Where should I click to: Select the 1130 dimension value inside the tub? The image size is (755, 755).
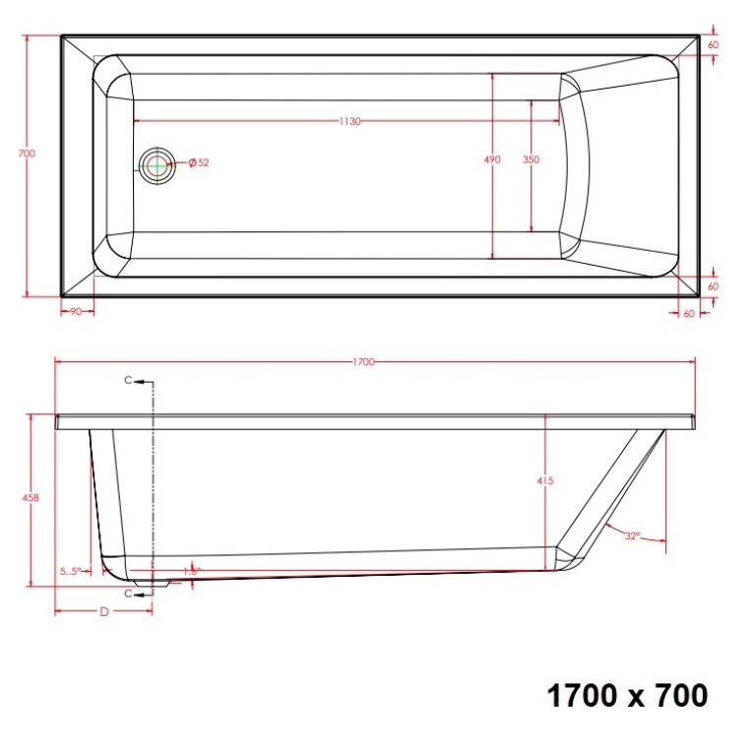[350, 121]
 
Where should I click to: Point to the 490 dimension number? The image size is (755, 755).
[493, 159]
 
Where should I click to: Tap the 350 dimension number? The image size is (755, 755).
[532, 159]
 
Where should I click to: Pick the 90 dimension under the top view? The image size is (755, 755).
[75, 312]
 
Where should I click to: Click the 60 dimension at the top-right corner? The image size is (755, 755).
[713, 45]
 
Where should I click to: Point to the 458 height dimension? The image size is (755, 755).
[31, 498]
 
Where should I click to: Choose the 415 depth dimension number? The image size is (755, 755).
[546, 480]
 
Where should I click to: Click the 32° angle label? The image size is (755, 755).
[631, 535]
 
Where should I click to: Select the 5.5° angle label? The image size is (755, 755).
[70, 571]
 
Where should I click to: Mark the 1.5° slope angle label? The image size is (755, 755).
[191, 571]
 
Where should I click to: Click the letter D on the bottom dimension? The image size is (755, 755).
[103, 611]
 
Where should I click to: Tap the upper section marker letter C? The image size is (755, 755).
[128, 381]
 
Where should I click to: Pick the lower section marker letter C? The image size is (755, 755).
[128, 594]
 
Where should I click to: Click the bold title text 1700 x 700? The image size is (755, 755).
[626, 696]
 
